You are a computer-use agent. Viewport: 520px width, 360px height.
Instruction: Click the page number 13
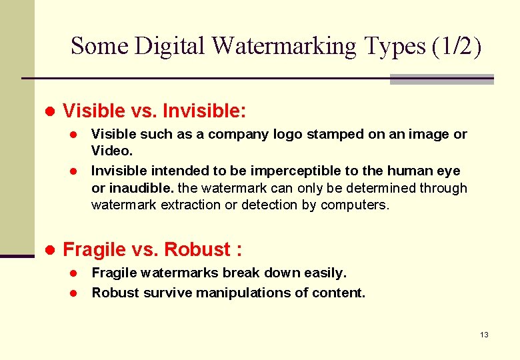coord(484,334)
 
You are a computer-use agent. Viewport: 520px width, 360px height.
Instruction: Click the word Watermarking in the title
coord(285,46)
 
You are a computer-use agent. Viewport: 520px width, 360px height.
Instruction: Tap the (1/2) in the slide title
coord(456,46)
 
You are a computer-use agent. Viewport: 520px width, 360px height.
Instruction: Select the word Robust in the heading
coord(197,249)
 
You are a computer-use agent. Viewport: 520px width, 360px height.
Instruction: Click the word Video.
coord(111,151)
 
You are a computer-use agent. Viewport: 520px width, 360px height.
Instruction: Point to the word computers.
coord(355,205)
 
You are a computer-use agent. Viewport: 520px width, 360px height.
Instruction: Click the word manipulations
coord(223,292)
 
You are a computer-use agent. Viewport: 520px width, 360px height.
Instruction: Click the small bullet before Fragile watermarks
coord(75,273)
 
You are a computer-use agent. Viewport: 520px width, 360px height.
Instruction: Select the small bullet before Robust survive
coord(75,293)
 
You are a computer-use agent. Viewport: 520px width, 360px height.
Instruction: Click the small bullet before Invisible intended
coord(75,171)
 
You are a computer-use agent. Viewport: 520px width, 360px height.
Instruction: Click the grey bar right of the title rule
coord(441,79)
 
